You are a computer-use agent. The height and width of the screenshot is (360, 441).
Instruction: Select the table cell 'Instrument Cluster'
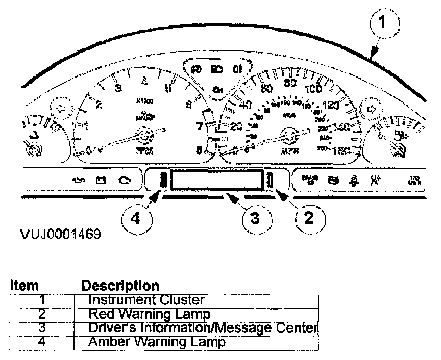146,300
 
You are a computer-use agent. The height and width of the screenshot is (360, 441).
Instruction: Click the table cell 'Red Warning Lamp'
149,313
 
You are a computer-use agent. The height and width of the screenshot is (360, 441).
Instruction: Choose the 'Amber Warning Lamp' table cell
156,342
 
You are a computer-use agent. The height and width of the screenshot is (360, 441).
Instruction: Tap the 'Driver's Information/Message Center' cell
203,327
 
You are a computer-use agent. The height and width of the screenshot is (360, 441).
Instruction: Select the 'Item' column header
24,286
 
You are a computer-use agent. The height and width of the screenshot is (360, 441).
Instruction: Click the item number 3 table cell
42,327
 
